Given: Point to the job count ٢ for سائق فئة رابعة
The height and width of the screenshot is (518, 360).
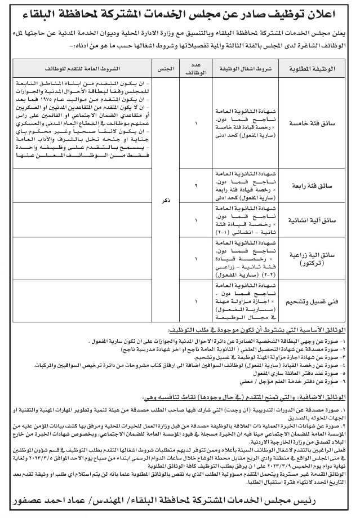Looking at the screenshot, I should (x=197, y=184).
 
